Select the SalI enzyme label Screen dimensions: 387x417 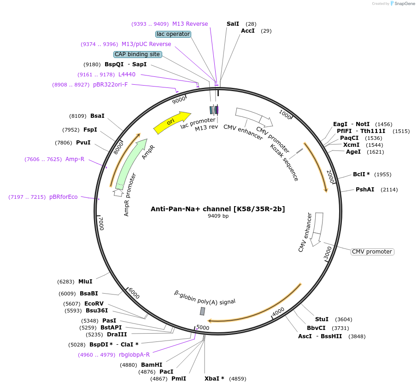point(233,23)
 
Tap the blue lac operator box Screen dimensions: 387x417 point(173,34)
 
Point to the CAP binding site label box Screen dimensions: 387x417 point(137,54)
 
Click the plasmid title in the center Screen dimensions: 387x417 point(218,209)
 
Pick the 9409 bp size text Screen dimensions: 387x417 point(218,216)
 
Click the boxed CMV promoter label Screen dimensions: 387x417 point(372,252)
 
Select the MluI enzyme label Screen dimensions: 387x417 point(85,281)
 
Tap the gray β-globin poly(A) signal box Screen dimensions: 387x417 point(202,311)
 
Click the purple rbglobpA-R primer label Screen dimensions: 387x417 point(134,354)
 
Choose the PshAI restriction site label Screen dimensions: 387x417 point(365,190)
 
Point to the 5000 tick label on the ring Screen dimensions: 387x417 point(203,328)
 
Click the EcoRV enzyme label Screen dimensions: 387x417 point(94,304)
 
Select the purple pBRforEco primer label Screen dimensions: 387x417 point(64,197)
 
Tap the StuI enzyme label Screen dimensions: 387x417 point(322,319)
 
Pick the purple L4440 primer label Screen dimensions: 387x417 point(127,74)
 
